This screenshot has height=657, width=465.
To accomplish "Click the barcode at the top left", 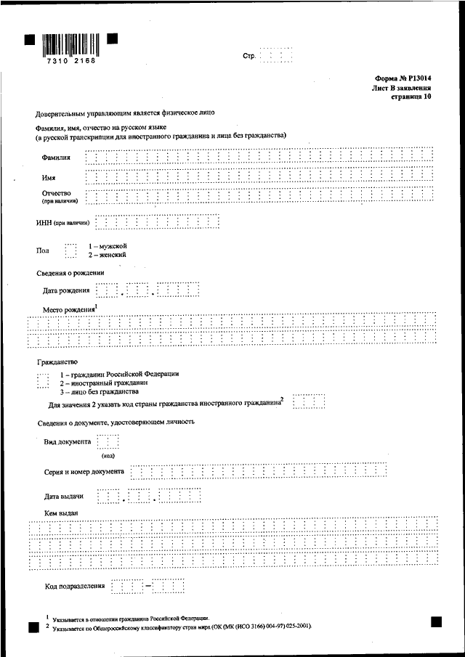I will point(70,44).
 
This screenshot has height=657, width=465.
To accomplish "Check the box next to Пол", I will point(70,251).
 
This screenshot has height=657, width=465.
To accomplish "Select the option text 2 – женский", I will point(108,256).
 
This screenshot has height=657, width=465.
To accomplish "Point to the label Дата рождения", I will point(67,291).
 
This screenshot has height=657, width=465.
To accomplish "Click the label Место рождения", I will point(70,310).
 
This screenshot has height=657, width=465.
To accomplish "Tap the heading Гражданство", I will point(57,361).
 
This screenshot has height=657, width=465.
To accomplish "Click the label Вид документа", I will point(67,441).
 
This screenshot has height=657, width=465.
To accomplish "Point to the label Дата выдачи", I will point(64,497).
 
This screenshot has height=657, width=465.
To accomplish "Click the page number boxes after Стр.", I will point(276,55).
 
